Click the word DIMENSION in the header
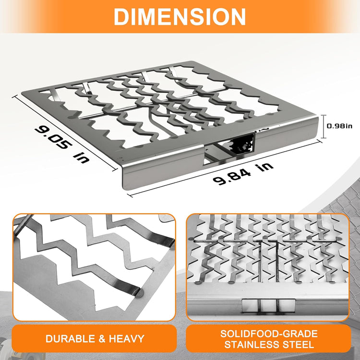(180, 16)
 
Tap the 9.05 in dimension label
(62, 144)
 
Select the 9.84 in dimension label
(243, 174)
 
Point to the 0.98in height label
(339, 126)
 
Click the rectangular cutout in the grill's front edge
(229, 149)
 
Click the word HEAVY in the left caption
(127, 339)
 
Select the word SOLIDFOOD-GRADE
(269, 334)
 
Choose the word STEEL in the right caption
(299, 345)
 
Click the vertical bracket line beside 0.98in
(323, 127)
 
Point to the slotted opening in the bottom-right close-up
(268, 306)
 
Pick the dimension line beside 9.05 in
(65, 133)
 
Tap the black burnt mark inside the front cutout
(242, 145)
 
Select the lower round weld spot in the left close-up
(139, 293)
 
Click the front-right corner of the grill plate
(318, 118)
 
